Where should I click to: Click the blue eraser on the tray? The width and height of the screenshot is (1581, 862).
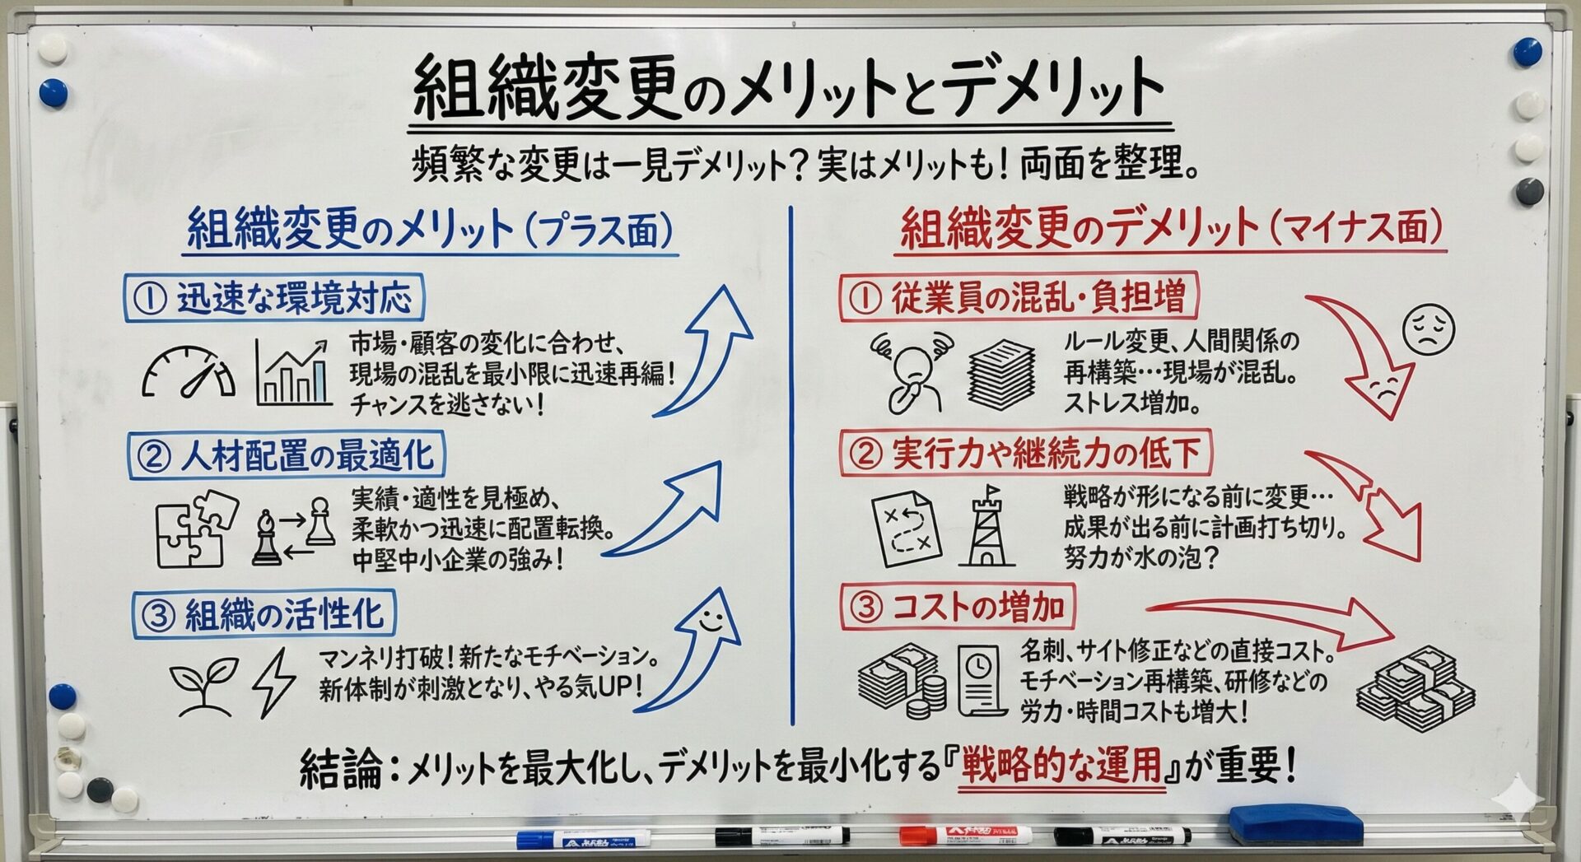click(1295, 824)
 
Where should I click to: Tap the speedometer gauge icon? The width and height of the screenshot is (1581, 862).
click(189, 371)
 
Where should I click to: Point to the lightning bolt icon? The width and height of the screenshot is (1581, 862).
click(274, 683)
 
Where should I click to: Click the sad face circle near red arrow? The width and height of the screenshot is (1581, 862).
click(1428, 329)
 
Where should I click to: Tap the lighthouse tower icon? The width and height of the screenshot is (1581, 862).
click(986, 524)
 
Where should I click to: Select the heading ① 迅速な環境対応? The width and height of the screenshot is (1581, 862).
click(274, 298)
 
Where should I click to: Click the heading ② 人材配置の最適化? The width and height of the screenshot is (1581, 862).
click(286, 455)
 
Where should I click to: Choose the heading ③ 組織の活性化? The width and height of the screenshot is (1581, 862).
click(263, 614)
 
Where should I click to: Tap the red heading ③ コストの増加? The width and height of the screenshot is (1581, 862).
click(958, 607)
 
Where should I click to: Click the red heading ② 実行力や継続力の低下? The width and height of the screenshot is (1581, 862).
click(1025, 453)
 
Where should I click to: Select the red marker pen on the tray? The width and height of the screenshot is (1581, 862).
click(965, 835)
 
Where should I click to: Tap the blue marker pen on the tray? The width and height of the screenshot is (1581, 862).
click(583, 839)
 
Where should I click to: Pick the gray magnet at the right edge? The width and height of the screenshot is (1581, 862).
click(1529, 193)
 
